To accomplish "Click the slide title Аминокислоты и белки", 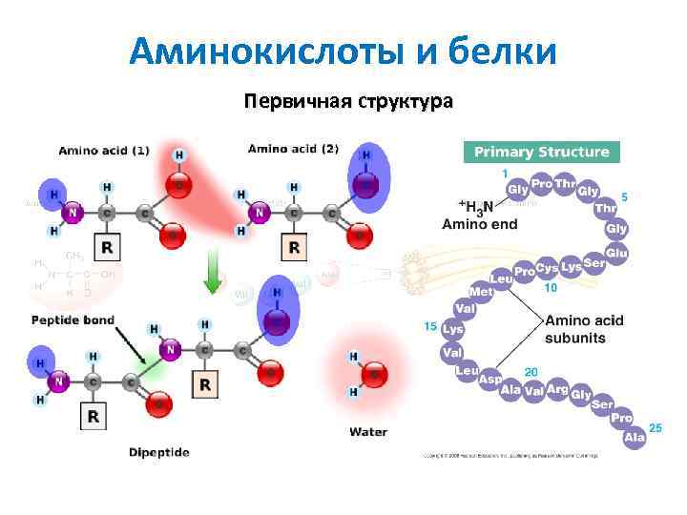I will [343, 51].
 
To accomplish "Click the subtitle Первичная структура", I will [348, 102].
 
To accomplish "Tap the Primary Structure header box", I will [541, 152].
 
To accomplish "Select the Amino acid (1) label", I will [104, 151].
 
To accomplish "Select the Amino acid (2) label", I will [293, 149].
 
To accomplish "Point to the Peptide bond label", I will [73, 319].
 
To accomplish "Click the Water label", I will [368, 432].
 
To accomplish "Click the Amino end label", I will [480, 224].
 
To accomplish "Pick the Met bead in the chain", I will [480, 291].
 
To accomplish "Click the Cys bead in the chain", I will [547, 269].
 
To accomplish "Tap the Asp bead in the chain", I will [489, 379].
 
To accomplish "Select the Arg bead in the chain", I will [558, 390].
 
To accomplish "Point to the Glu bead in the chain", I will [616, 253].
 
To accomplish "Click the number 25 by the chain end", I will [655, 428].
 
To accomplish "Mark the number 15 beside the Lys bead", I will [429, 326].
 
